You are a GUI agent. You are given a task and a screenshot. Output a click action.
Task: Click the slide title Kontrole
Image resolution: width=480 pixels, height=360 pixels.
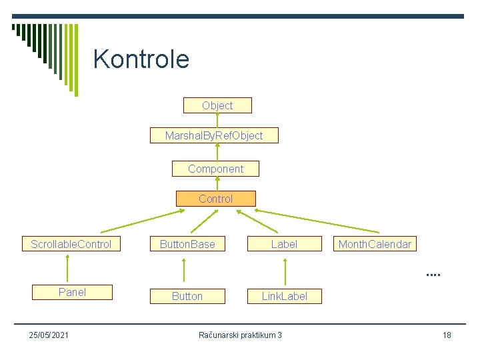coord(141,59)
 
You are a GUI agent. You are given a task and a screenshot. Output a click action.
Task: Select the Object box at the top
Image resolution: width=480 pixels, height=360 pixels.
coord(217,105)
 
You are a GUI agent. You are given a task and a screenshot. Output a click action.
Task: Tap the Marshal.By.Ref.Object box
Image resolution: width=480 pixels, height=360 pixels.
coord(214,136)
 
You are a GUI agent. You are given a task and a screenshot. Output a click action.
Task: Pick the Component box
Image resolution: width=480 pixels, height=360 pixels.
coord(215,169)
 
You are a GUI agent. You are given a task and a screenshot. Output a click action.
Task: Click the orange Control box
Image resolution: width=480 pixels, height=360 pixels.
coord(215,199)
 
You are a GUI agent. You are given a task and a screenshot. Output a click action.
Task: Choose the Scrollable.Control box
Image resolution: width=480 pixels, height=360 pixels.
coord(71,244)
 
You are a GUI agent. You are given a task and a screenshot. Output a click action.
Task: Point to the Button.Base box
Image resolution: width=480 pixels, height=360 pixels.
coord(187,244)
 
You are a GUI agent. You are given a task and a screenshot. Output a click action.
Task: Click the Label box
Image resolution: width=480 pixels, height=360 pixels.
coord(284,244)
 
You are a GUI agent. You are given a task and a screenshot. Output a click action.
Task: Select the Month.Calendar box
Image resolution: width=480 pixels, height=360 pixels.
coord(375,244)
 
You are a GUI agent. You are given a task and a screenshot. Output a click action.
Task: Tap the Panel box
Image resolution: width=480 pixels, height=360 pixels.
coord(72,292)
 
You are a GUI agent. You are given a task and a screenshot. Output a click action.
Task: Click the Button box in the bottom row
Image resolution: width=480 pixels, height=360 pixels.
coord(187,296)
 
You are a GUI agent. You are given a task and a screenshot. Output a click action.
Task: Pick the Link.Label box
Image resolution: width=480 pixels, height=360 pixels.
coord(284,296)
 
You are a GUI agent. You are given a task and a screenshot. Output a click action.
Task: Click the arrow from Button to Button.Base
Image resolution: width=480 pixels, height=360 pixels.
coord(185,271)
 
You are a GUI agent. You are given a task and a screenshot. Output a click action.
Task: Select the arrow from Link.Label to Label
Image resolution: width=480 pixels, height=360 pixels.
coord(285,271)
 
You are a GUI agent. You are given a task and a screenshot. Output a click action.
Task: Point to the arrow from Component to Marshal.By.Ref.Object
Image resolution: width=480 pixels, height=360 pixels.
coord(216,153)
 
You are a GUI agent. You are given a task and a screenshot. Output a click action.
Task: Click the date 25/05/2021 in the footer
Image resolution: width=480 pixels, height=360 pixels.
coord(48,335)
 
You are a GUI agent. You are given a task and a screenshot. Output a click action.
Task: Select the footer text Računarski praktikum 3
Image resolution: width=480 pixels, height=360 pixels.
coord(241,335)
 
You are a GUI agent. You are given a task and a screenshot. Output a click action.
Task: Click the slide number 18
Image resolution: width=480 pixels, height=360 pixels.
coord(447,335)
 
